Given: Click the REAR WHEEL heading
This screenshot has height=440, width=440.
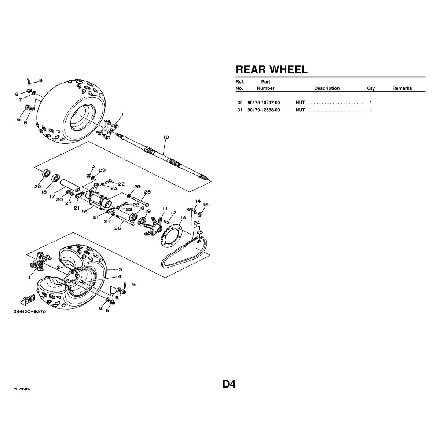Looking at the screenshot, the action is [271, 69].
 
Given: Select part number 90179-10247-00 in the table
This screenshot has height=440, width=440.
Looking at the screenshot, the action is [264, 103].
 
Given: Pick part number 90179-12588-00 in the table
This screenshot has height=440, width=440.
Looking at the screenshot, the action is [264, 110].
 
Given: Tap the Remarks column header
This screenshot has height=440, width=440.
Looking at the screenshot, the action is [402, 88].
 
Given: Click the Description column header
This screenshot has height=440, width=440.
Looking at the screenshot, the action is [327, 88].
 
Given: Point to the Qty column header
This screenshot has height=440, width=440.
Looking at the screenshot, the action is [371, 88].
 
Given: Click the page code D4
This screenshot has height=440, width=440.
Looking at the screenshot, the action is [229, 384].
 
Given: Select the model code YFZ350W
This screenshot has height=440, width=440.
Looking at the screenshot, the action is [22, 389].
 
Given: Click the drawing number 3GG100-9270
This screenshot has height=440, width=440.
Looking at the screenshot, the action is [30, 311].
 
